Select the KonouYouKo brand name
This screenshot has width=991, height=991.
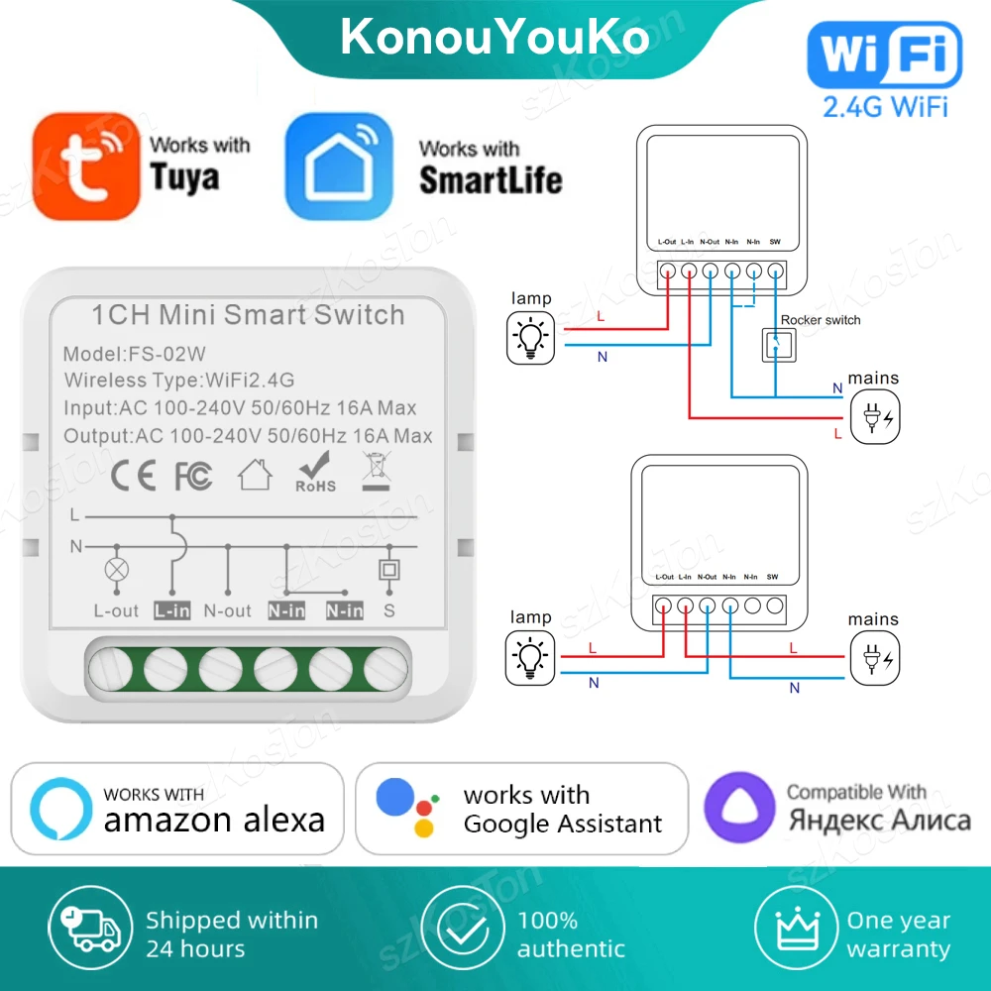point(495,37)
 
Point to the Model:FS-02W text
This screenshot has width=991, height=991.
point(135,354)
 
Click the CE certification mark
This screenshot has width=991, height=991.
point(133,476)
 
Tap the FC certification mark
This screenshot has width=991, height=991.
point(193,476)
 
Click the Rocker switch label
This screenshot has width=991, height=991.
point(821,320)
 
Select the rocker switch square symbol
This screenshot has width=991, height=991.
point(776,345)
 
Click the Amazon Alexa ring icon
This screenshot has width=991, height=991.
point(60,809)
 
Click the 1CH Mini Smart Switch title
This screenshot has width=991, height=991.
point(248,315)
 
